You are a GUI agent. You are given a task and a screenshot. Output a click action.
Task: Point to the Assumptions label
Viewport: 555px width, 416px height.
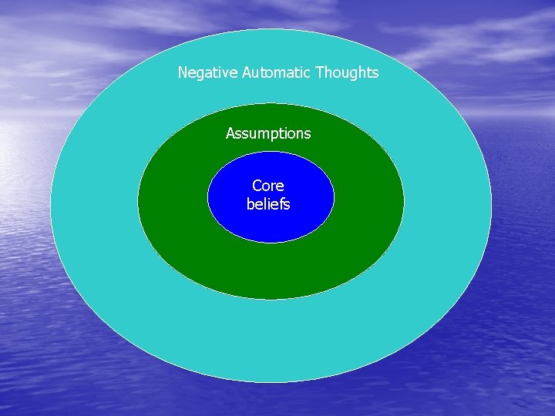coord(268,134)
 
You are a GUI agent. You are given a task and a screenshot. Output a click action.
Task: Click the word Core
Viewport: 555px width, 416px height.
coord(268,186)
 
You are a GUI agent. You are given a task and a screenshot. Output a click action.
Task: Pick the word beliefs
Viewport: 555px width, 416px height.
coord(268,204)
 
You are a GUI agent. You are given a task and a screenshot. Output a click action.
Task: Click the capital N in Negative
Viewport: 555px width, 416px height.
coord(183,73)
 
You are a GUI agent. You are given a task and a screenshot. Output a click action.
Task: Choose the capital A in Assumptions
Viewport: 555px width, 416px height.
coord(230,134)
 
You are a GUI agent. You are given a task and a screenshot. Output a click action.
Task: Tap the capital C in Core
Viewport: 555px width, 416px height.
coord(257,186)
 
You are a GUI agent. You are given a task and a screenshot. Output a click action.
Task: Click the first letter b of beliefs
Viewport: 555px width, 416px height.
coord(251,204)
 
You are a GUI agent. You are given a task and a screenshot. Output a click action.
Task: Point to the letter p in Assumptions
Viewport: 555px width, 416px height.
coord(276,136)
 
